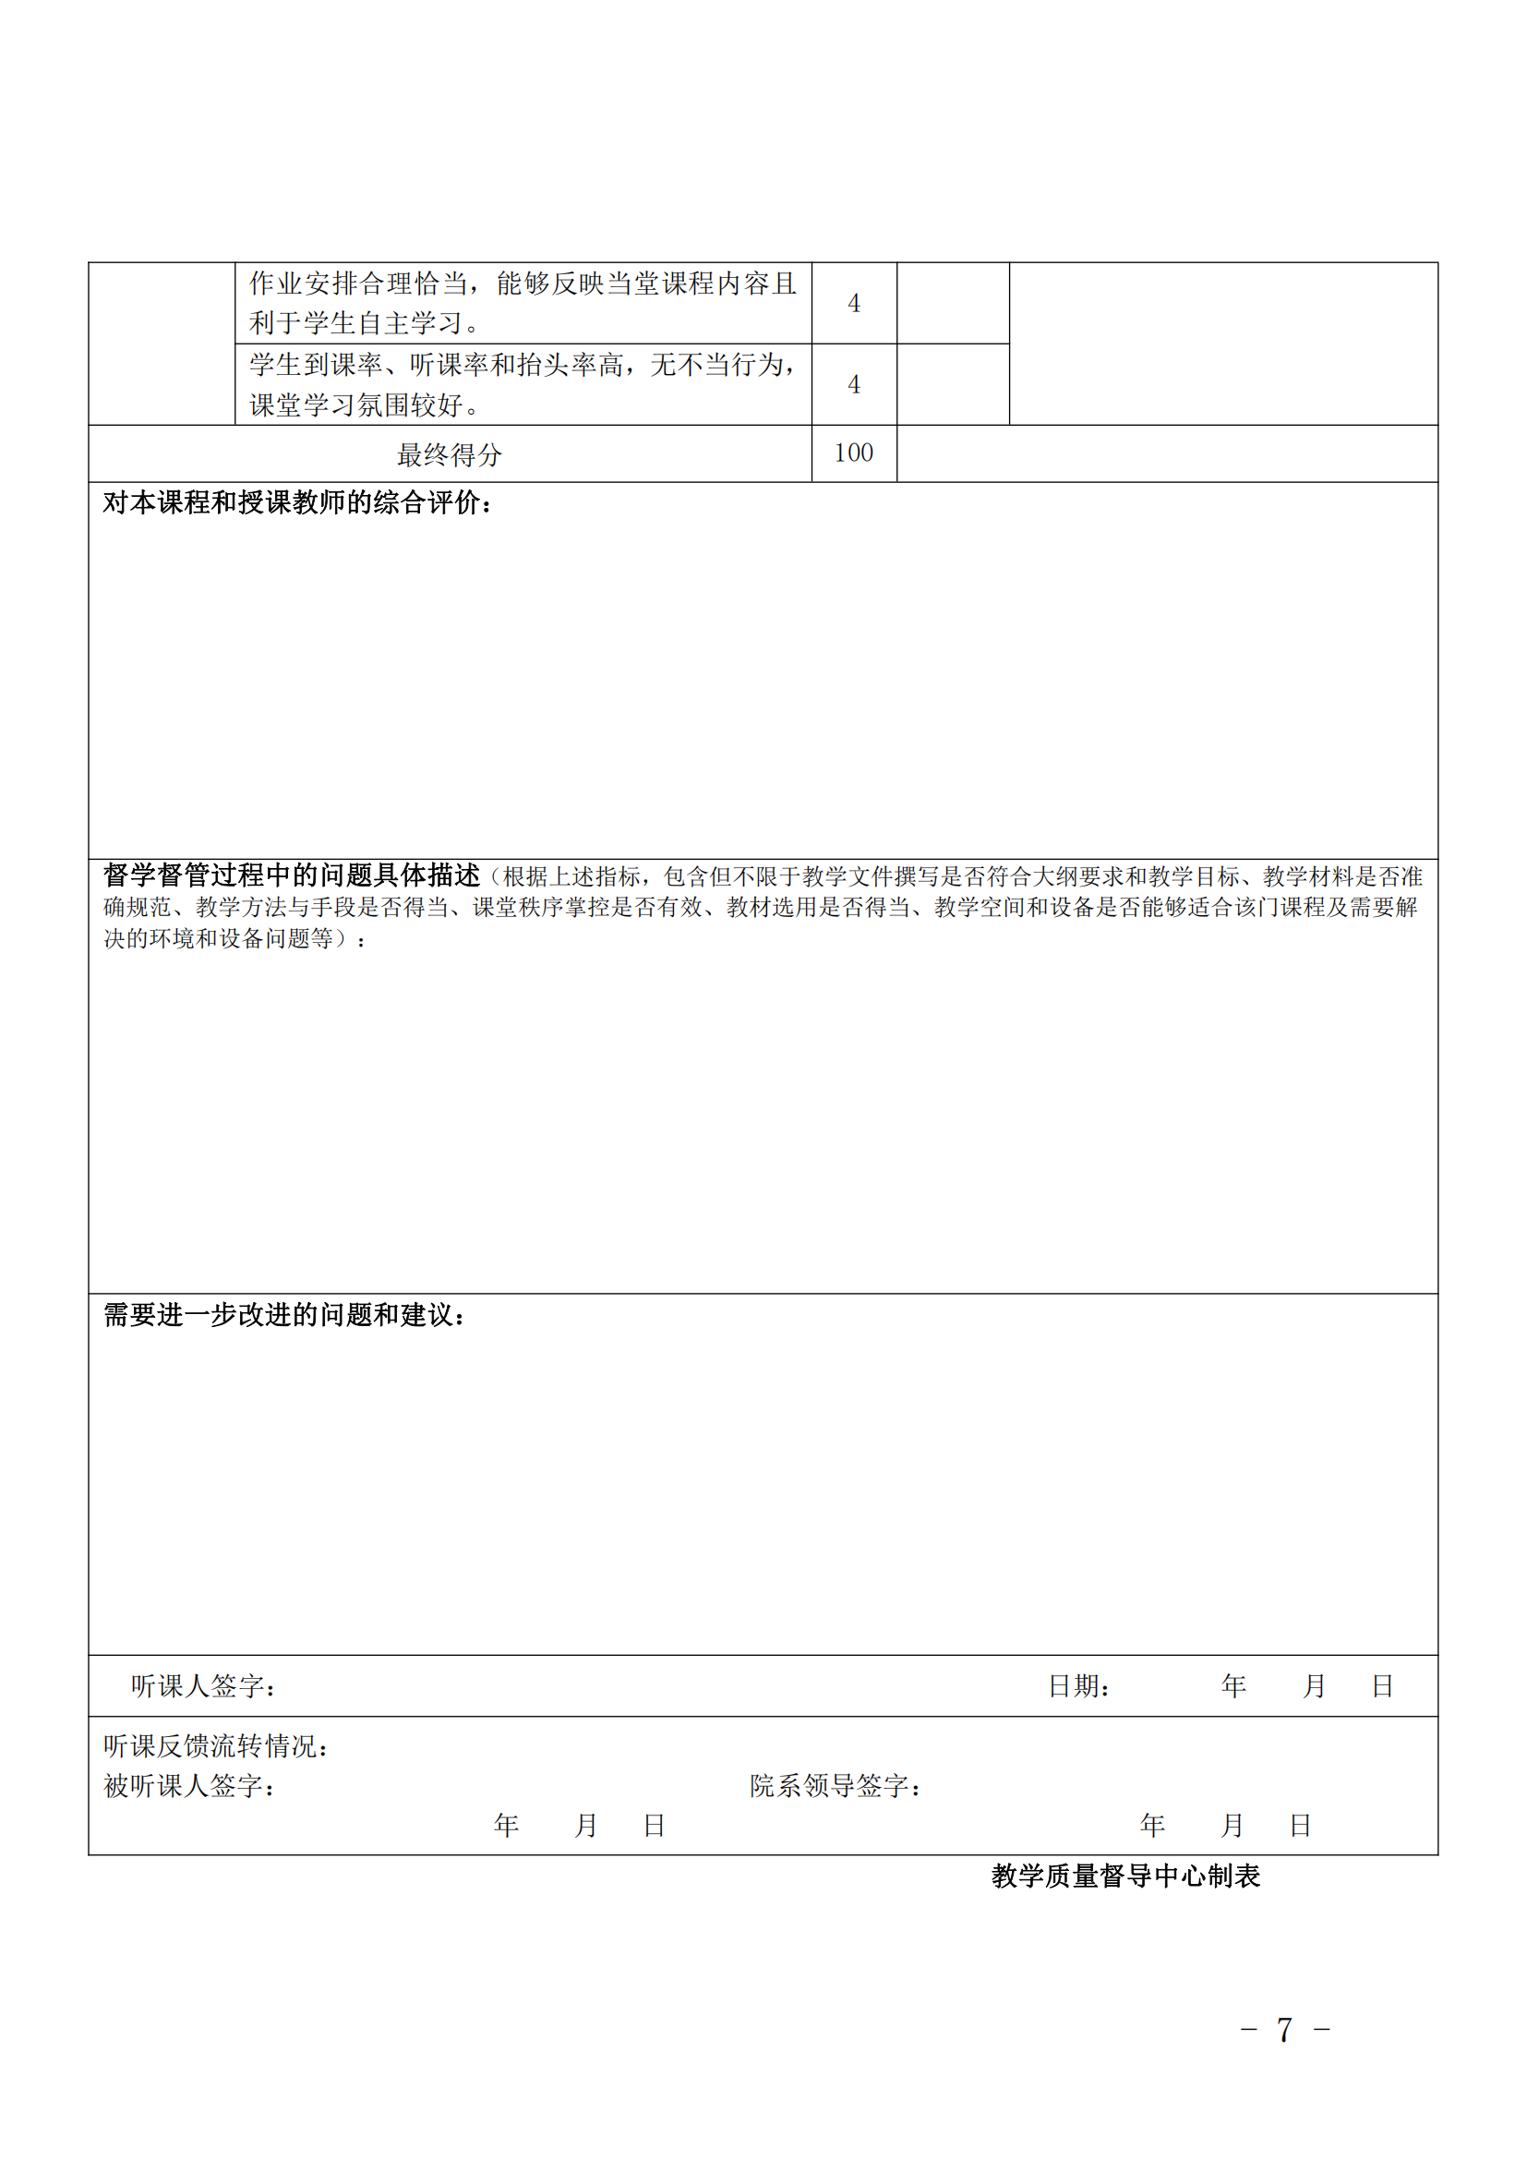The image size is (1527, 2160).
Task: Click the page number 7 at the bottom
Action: (1284, 2030)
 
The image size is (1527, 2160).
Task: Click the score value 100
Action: (854, 453)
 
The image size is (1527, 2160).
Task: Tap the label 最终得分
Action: (450, 455)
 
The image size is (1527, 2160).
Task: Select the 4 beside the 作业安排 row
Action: (854, 304)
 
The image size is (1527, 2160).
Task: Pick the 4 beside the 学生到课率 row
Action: (854, 385)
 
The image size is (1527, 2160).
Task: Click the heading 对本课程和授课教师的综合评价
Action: (297, 503)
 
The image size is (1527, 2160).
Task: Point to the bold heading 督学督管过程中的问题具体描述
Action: (292, 875)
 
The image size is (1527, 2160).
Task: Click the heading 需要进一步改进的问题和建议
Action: (284, 1315)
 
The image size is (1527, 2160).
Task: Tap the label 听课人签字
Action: (203, 1687)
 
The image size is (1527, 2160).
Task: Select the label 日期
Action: (1078, 1687)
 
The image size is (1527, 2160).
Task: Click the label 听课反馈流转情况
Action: (216, 1747)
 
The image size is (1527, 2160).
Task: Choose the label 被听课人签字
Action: (189, 1787)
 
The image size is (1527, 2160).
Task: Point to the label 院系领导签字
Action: (835, 1787)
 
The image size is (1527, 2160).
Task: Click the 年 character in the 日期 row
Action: (1233, 1687)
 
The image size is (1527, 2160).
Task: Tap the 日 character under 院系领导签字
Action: (1301, 1827)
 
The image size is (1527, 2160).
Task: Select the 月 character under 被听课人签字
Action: (586, 1827)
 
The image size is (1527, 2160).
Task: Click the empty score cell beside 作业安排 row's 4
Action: (953, 304)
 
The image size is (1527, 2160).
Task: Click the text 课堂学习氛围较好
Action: (365, 405)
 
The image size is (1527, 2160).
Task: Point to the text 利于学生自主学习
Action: (365, 323)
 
